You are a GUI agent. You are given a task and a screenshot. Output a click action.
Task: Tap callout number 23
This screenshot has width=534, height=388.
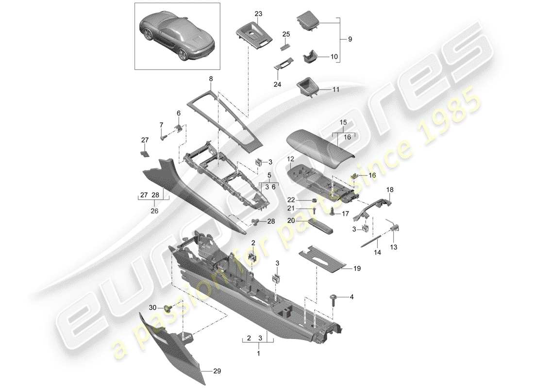click(258, 14)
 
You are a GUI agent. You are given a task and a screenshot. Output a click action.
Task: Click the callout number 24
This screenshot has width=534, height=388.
click(277, 84)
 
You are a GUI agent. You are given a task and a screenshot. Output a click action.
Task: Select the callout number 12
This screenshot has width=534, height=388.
click(290, 159)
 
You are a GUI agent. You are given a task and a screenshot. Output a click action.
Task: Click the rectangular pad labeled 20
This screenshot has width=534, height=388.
click(319, 226)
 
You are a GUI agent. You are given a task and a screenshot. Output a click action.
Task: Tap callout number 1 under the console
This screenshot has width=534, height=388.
click(259, 354)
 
